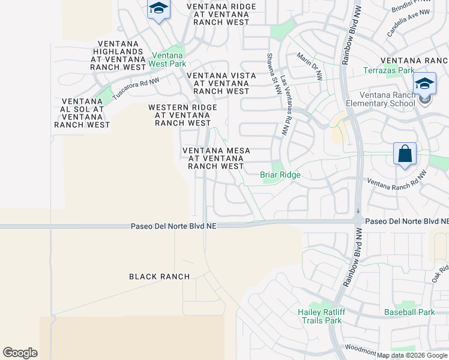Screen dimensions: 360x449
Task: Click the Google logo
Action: (20, 353)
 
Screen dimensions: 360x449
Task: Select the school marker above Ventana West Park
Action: (158, 10)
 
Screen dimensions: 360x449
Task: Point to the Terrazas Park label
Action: (389, 70)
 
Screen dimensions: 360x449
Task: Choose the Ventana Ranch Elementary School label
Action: (387, 99)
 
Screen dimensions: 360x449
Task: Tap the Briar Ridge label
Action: (280, 175)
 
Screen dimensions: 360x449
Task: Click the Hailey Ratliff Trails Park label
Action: (319, 316)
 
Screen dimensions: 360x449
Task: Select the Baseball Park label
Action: (409, 312)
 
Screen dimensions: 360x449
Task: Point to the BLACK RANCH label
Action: (160, 277)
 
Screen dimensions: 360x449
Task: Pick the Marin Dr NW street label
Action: (310, 66)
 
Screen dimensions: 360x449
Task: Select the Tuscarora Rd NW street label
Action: (136, 88)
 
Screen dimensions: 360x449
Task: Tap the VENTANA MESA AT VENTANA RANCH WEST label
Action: (216, 158)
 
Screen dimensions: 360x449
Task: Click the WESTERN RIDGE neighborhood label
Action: (182, 115)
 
